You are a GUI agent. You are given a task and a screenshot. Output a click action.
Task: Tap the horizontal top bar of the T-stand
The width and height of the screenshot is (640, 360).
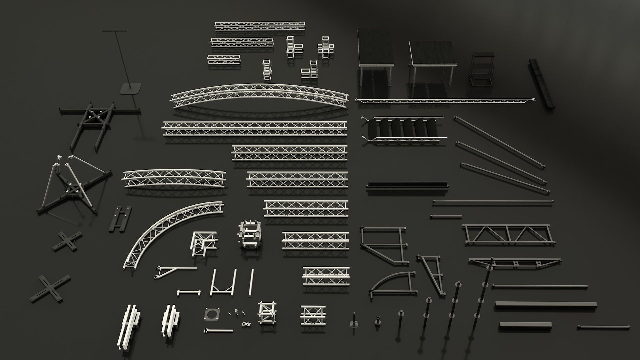point(115,31)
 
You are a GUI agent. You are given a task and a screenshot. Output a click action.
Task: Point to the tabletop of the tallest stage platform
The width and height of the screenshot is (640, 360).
point(375,47)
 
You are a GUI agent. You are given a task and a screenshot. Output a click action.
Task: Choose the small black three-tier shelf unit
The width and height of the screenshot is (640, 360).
point(482,70)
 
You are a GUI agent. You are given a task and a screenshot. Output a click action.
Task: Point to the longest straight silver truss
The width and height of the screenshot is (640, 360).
point(255,129)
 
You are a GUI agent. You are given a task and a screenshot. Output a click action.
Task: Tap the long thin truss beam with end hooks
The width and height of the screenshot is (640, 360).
point(445,100)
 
